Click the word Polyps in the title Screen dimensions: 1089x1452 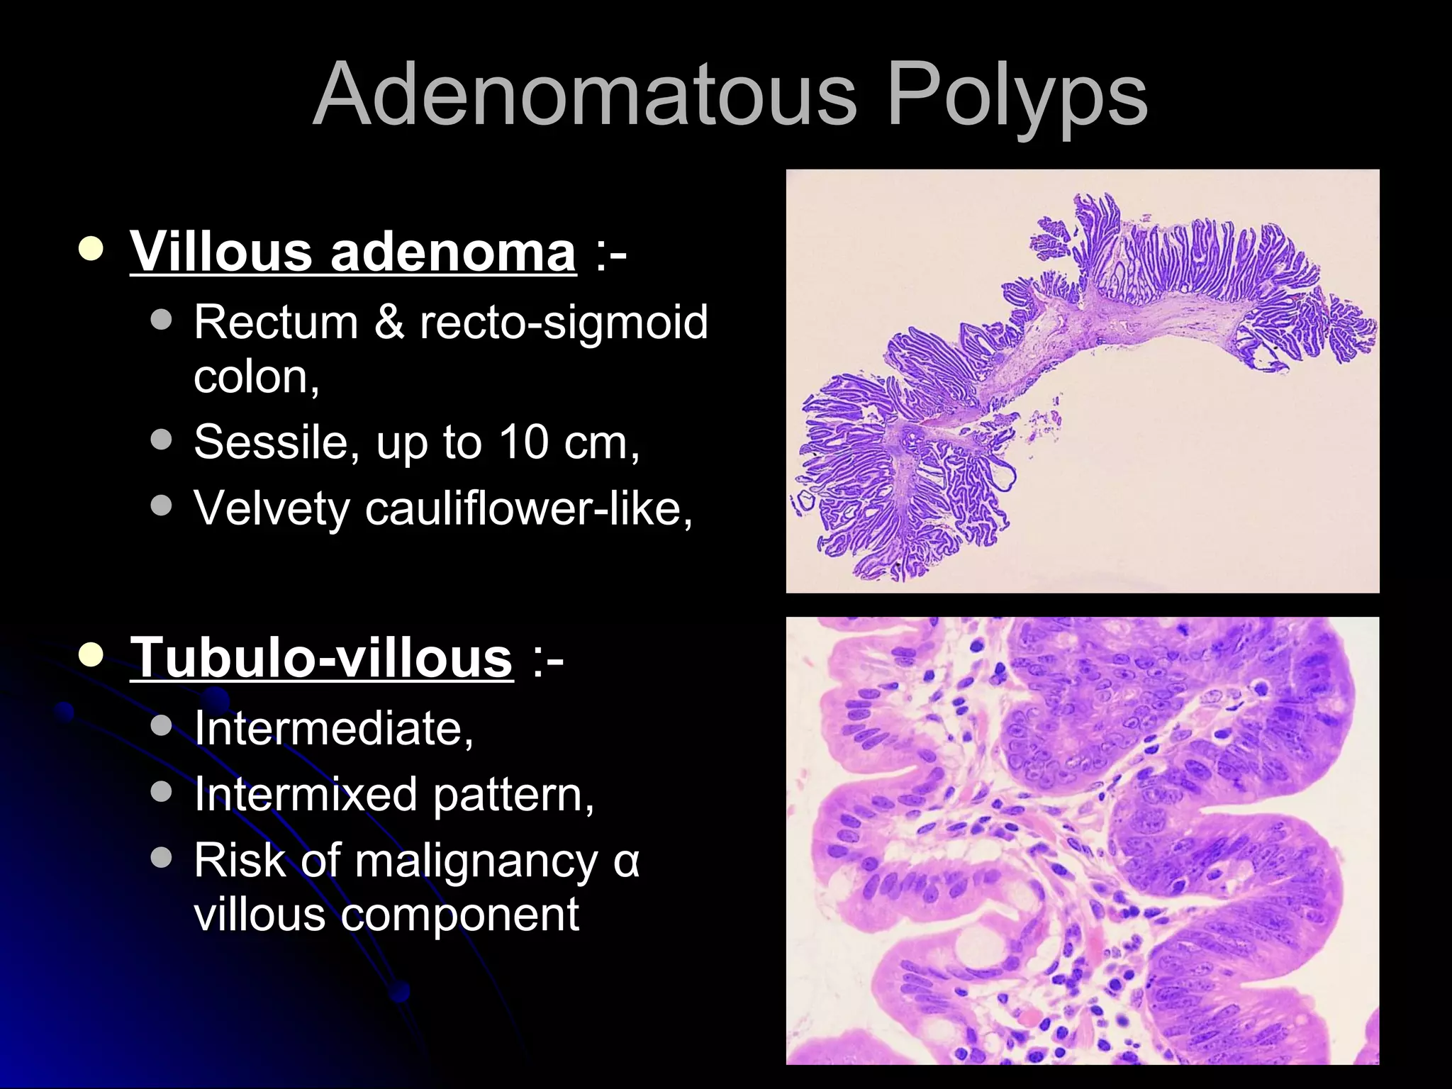pyautogui.click(x=1017, y=96)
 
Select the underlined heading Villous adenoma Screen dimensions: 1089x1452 pyautogui.click(x=353, y=251)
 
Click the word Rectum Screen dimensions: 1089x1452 pyautogui.click(x=276, y=322)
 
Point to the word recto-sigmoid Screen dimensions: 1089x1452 pyautogui.click(x=564, y=323)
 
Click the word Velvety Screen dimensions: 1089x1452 pyautogui.click(x=272, y=508)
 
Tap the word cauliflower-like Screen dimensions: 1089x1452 pyautogui.click(x=528, y=508)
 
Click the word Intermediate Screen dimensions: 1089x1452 pyautogui.click(x=333, y=728)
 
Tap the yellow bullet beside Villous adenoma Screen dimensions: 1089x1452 pyautogui.click(x=91, y=249)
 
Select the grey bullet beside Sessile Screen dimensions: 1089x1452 pyautogui.click(x=162, y=440)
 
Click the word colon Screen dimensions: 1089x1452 pyautogui.click(x=255, y=377)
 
